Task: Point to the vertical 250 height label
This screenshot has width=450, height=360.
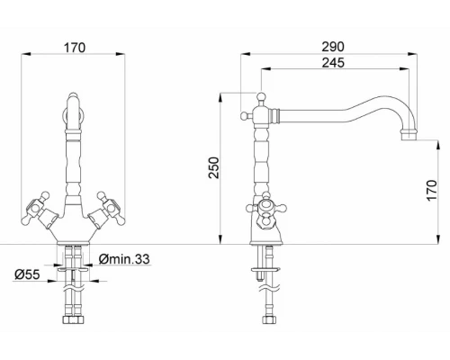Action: pos(213,167)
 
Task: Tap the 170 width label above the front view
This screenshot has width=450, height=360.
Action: pos(73,48)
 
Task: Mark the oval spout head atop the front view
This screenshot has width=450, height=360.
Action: pos(73,113)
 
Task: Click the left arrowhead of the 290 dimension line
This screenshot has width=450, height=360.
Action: pos(242,54)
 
